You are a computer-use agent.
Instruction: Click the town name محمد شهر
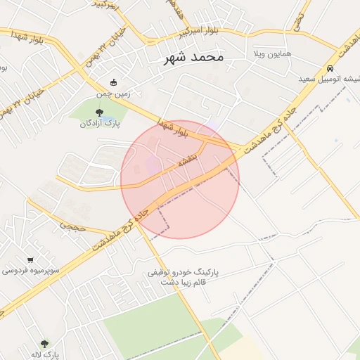coord(191,57)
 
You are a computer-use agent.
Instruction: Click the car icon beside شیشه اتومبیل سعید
coord(330,69)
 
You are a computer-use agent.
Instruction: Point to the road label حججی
coord(72,226)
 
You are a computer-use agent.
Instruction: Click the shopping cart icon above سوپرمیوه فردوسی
coord(30,258)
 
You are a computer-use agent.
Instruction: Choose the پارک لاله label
coord(44,355)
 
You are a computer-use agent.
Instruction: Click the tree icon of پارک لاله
coord(44,344)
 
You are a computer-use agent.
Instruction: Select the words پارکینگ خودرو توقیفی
coord(184,271)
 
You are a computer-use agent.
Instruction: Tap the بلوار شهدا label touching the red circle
coord(173,129)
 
